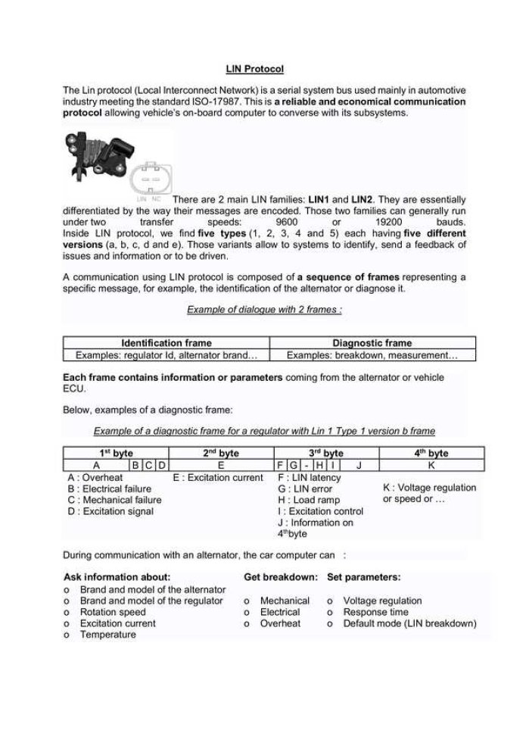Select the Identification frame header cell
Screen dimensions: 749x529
point(166,343)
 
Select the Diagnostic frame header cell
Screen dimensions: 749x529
point(372,343)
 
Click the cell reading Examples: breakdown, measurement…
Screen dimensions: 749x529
point(372,354)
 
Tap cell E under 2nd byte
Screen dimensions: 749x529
point(220,464)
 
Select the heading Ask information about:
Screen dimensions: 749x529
point(117,577)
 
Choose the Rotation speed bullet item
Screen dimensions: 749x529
point(113,612)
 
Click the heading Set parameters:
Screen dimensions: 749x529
point(364,577)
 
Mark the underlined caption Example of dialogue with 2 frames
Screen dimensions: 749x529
point(264,310)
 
